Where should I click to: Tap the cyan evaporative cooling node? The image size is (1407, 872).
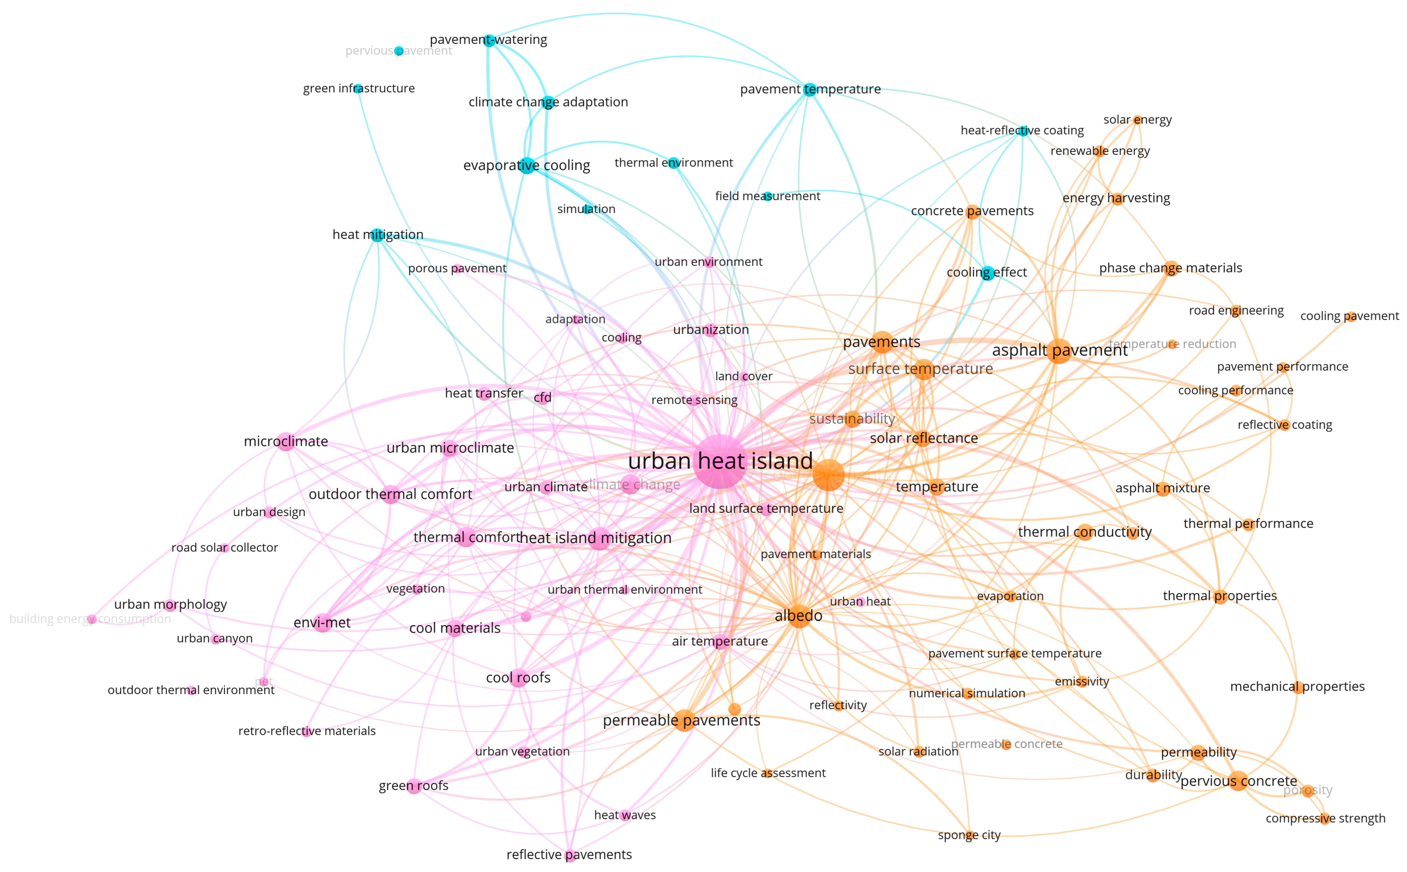click(x=527, y=165)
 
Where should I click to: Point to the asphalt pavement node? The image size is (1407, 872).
click(x=1058, y=350)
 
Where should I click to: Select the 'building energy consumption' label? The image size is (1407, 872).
click(x=90, y=619)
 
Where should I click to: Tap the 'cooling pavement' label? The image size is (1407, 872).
click(x=1349, y=316)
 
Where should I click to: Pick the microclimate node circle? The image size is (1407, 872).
click(x=286, y=442)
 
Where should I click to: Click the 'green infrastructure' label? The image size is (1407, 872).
click(x=358, y=88)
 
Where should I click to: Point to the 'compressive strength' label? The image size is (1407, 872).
click(x=1325, y=818)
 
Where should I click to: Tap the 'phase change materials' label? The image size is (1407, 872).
click(x=1170, y=268)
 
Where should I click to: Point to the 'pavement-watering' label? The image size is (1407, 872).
click(x=488, y=40)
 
